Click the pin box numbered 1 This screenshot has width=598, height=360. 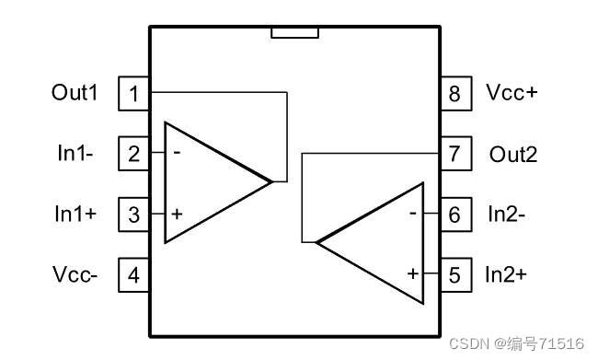pyautogui.click(x=134, y=93)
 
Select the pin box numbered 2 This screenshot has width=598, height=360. pyautogui.click(x=134, y=154)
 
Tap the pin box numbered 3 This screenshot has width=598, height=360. pyautogui.click(x=134, y=215)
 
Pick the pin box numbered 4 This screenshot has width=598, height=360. pyautogui.click(x=134, y=274)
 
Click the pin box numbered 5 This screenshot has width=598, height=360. pyautogui.click(x=454, y=274)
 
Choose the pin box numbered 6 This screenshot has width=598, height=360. pyautogui.click(x=454, y=215)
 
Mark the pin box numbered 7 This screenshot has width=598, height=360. pyautogui.click(x=454, y=154)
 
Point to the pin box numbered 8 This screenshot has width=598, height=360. pyautogui.click(x=454, y=93)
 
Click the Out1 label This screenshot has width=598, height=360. pyautogui.click(x=75, y=93)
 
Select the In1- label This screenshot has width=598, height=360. pyautogui.click(x=75, y=154)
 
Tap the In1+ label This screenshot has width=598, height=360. pyautogui.click(x=75, y=215)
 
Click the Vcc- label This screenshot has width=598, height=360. pyautogui.click(x=75, y=274)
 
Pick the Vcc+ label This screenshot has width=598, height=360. pyautogui.click(x=512, y=93)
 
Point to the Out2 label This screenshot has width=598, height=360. pyautogui.click(x=512, y=154)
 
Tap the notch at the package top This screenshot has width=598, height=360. pyautogui.click(x=294, y=33)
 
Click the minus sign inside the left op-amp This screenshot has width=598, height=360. pyautogui.click(x=176, y=153)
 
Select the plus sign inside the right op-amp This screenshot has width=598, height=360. pyautogui.click(x=412, y=273)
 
